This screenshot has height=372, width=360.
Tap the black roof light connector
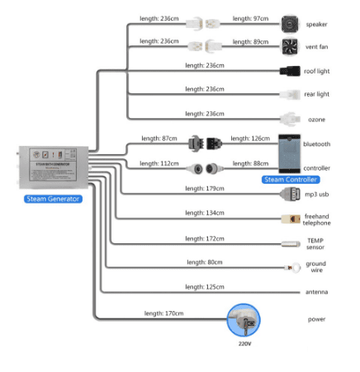289,71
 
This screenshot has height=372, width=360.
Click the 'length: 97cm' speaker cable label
251,18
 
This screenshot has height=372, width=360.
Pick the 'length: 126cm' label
250,139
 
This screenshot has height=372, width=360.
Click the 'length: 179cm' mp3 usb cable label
205,189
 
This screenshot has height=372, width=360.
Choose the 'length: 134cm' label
205,214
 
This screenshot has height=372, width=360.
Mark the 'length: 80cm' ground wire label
205,261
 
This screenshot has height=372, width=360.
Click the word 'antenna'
316,292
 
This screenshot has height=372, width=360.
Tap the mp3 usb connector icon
290,195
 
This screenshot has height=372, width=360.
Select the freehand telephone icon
290,219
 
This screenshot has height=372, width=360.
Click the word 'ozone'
315,120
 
